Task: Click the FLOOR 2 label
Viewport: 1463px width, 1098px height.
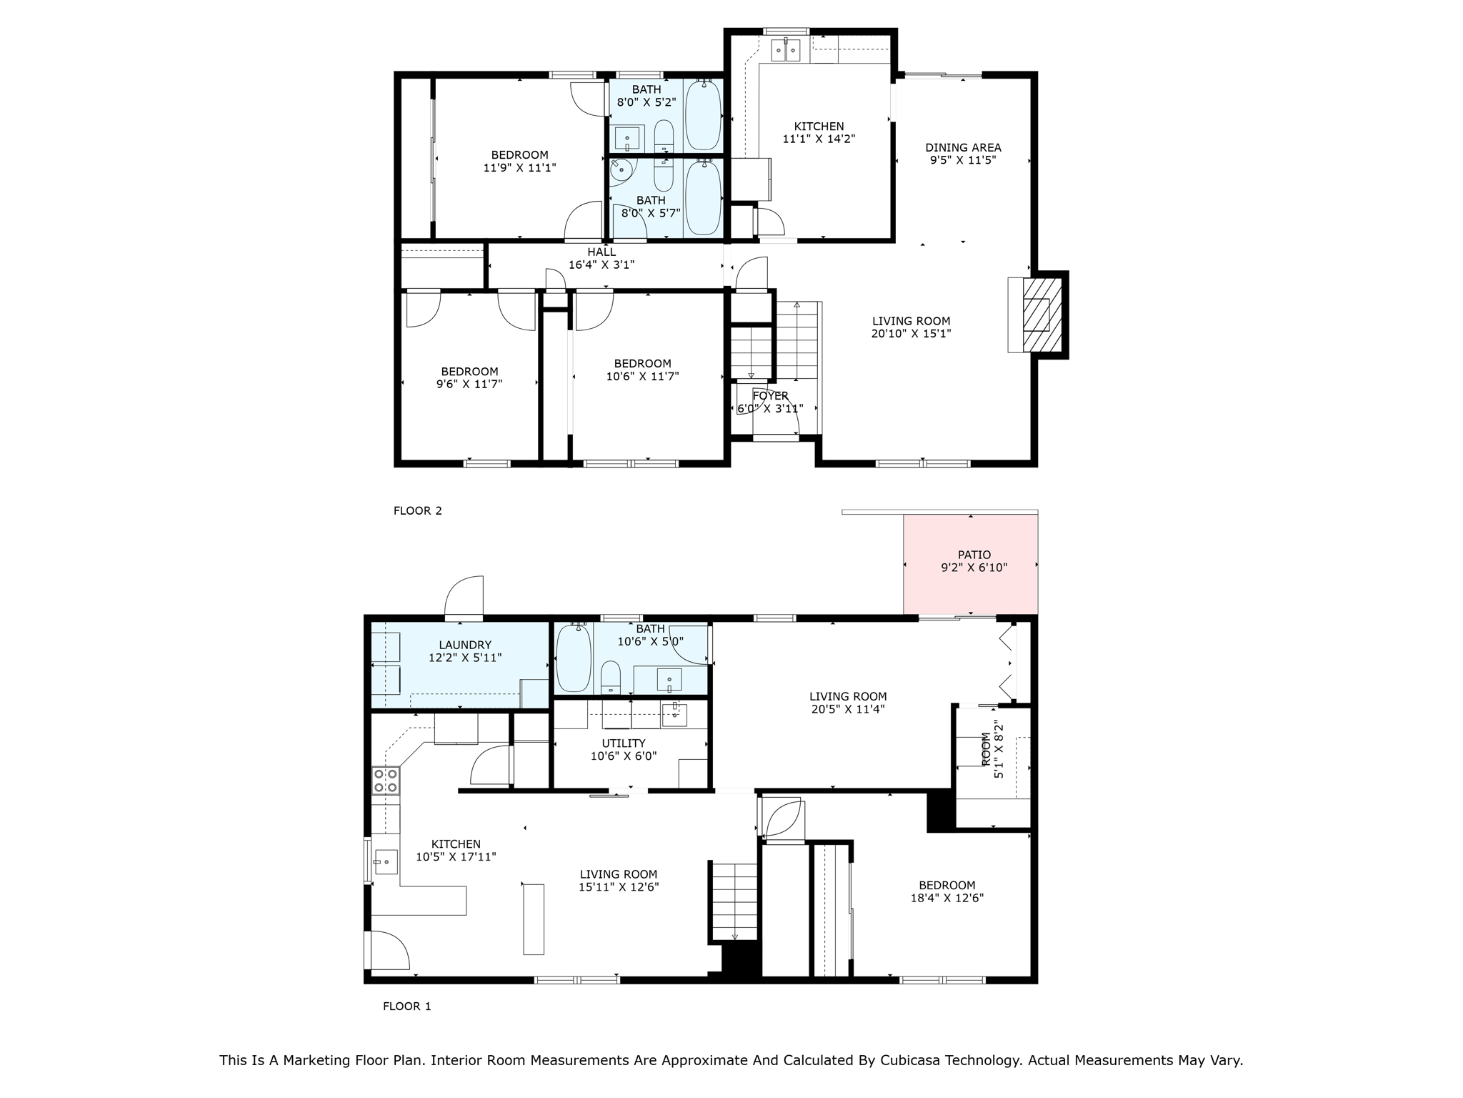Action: tap(418, 510)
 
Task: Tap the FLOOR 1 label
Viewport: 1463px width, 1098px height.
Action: tap(407, 1006)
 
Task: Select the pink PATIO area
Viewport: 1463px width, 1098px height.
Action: tap(970, 565)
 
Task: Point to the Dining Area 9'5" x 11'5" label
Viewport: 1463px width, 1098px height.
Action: tap(963, 154)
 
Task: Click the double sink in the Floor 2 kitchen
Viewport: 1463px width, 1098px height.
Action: tap(785, 50)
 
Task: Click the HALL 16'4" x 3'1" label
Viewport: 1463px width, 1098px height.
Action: tap(601, 258)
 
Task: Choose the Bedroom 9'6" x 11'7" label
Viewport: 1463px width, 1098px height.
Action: tap(469, 377)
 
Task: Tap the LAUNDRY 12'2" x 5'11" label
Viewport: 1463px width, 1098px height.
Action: tap(465, 651)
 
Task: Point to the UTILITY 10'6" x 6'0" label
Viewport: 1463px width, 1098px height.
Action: tap(624, 749)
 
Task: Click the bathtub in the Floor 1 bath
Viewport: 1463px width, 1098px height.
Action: tap(573, 658)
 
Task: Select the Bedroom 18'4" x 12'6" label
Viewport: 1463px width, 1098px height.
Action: tap(947, 891)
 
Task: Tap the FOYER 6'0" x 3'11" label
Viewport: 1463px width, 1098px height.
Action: tap(770, 402)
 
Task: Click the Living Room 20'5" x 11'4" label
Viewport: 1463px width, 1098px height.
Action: tap(848, 702)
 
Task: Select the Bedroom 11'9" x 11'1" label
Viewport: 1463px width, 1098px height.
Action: tap(519, 161)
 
